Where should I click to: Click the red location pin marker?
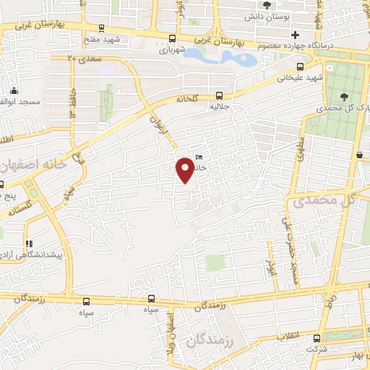pyautogui.click(x=186, y=171)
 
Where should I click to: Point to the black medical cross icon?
pyautogui.click(x=295, y=35)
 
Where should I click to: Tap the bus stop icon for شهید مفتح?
pyautogui.click(x=171, y=38)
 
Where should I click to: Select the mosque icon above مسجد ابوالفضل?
pyautogui.click(x=14, y=91)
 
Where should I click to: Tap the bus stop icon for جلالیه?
pyautogui.click(x=219, y=95)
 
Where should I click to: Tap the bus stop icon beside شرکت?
pyautogui.click(x=317, y=337)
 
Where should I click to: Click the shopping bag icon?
pyautogui.click(x=359, y=154)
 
